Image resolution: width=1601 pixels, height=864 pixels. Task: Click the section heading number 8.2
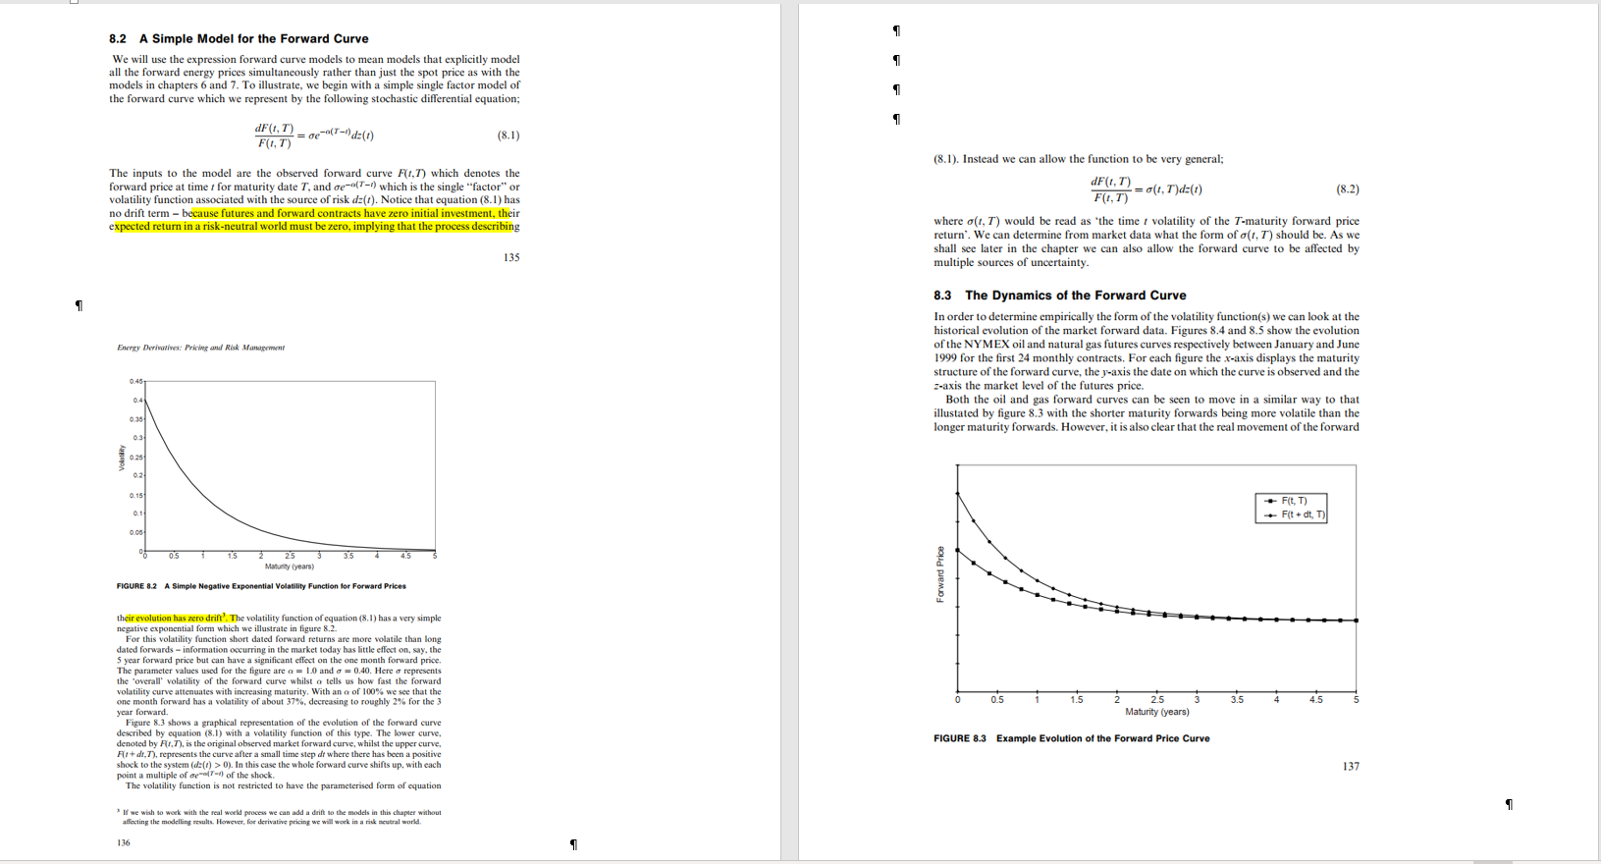tap(118, 39)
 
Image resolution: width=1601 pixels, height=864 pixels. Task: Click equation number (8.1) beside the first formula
tap(508, 135)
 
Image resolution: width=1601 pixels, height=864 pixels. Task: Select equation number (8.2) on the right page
tap(1348, 189)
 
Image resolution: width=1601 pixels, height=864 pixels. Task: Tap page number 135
tap(511, 257)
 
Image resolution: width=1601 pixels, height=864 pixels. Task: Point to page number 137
tap(1351, 766)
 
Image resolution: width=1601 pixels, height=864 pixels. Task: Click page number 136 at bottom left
tap(123, 842)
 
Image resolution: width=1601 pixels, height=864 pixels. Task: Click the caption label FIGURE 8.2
tap(136, 586)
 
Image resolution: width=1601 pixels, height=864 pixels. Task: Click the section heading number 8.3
tap(942, 296)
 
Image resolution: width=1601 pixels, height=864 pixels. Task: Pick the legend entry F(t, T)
tap(1294, 501)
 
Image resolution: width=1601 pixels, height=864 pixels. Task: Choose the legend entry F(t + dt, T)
tap(1303, 514)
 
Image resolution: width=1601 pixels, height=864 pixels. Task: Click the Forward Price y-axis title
tap(940, 574)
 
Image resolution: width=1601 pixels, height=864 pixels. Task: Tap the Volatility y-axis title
tap(123, 459)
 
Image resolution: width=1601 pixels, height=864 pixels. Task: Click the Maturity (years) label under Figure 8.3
tap(1156, 712)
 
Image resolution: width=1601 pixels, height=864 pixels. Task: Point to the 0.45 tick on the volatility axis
tap(134, 381)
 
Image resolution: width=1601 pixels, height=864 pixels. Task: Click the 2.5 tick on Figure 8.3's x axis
tap(1156, 700)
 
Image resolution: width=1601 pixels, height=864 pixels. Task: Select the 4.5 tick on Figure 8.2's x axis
tap(405, 557)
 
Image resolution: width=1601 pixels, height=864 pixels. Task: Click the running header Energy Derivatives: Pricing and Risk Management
tap(200, 348)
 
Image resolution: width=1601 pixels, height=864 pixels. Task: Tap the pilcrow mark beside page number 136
tap(573, 844)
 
